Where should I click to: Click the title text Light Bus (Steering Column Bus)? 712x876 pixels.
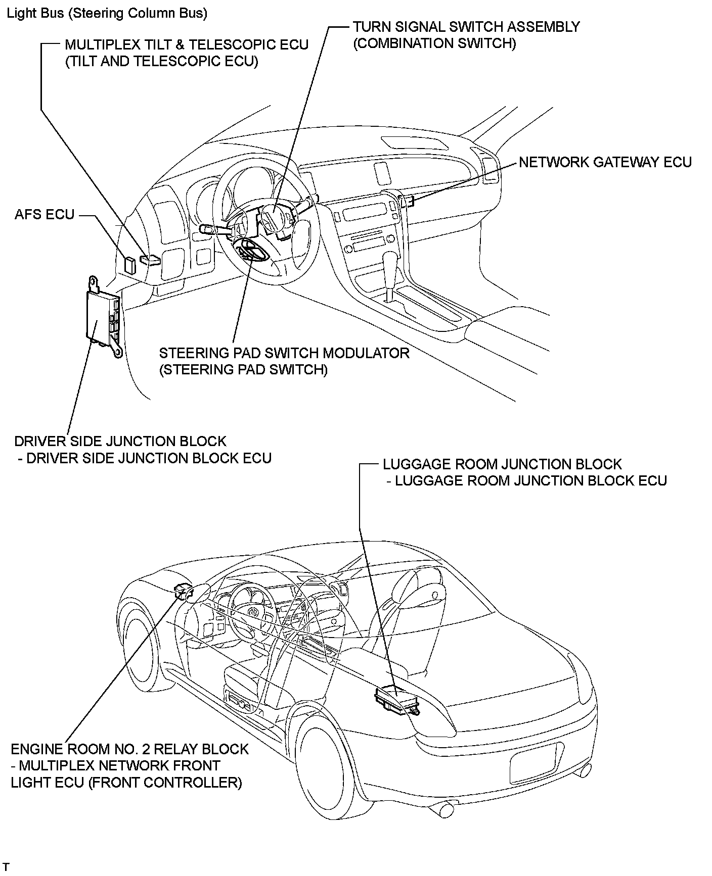[x=107, y=14]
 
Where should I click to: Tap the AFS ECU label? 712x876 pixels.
[x=45, y=215]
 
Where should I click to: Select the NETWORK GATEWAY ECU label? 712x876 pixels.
[x=605, y=162]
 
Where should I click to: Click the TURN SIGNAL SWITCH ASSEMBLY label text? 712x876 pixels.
[x=466, y=27]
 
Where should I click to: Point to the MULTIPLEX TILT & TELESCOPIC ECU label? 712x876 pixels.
[x=187, y=45]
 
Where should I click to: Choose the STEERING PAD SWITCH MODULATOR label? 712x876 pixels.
[x=284, y=353]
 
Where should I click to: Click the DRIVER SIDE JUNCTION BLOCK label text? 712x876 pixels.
[x=120, y=441]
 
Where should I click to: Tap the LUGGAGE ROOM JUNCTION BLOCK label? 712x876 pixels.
[x=502, y=464]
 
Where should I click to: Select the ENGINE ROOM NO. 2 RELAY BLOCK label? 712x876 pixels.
[x=130, y=749]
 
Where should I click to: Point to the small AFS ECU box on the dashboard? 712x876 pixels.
[x=130, y=265]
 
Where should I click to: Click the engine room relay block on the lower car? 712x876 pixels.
[x=183, y=590]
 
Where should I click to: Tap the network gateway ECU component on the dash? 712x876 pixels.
[x=407, y=201]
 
